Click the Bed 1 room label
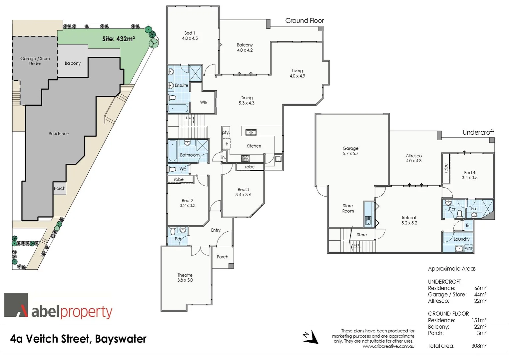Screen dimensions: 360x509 190,36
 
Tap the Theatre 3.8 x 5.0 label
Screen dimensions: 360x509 185,278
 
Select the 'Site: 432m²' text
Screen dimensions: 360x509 118,39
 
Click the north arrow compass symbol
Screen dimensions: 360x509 310,337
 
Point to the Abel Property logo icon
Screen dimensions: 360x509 16,305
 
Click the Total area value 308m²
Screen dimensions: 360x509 479,346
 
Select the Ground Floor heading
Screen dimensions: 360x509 304,21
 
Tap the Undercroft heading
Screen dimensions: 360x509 478,132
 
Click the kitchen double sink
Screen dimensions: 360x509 251,133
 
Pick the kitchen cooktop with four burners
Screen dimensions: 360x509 246,158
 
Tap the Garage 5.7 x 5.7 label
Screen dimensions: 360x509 350,151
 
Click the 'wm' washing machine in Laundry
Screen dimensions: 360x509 468,248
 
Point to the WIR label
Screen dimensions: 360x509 204,102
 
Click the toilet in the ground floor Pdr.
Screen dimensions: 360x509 173,231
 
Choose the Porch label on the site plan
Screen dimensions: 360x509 60,188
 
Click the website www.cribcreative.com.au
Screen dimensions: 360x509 388,346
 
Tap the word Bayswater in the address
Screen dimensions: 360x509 121,339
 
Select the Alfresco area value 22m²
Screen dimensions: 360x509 480,301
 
